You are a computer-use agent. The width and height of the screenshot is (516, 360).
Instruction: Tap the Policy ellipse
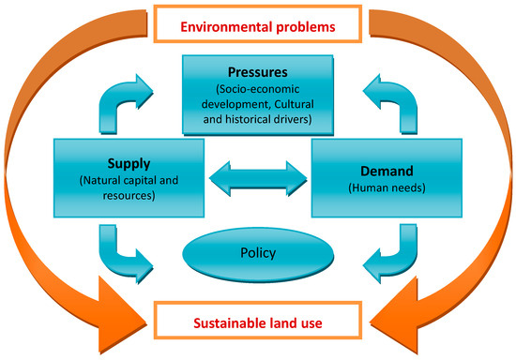[x=259, y=254]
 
